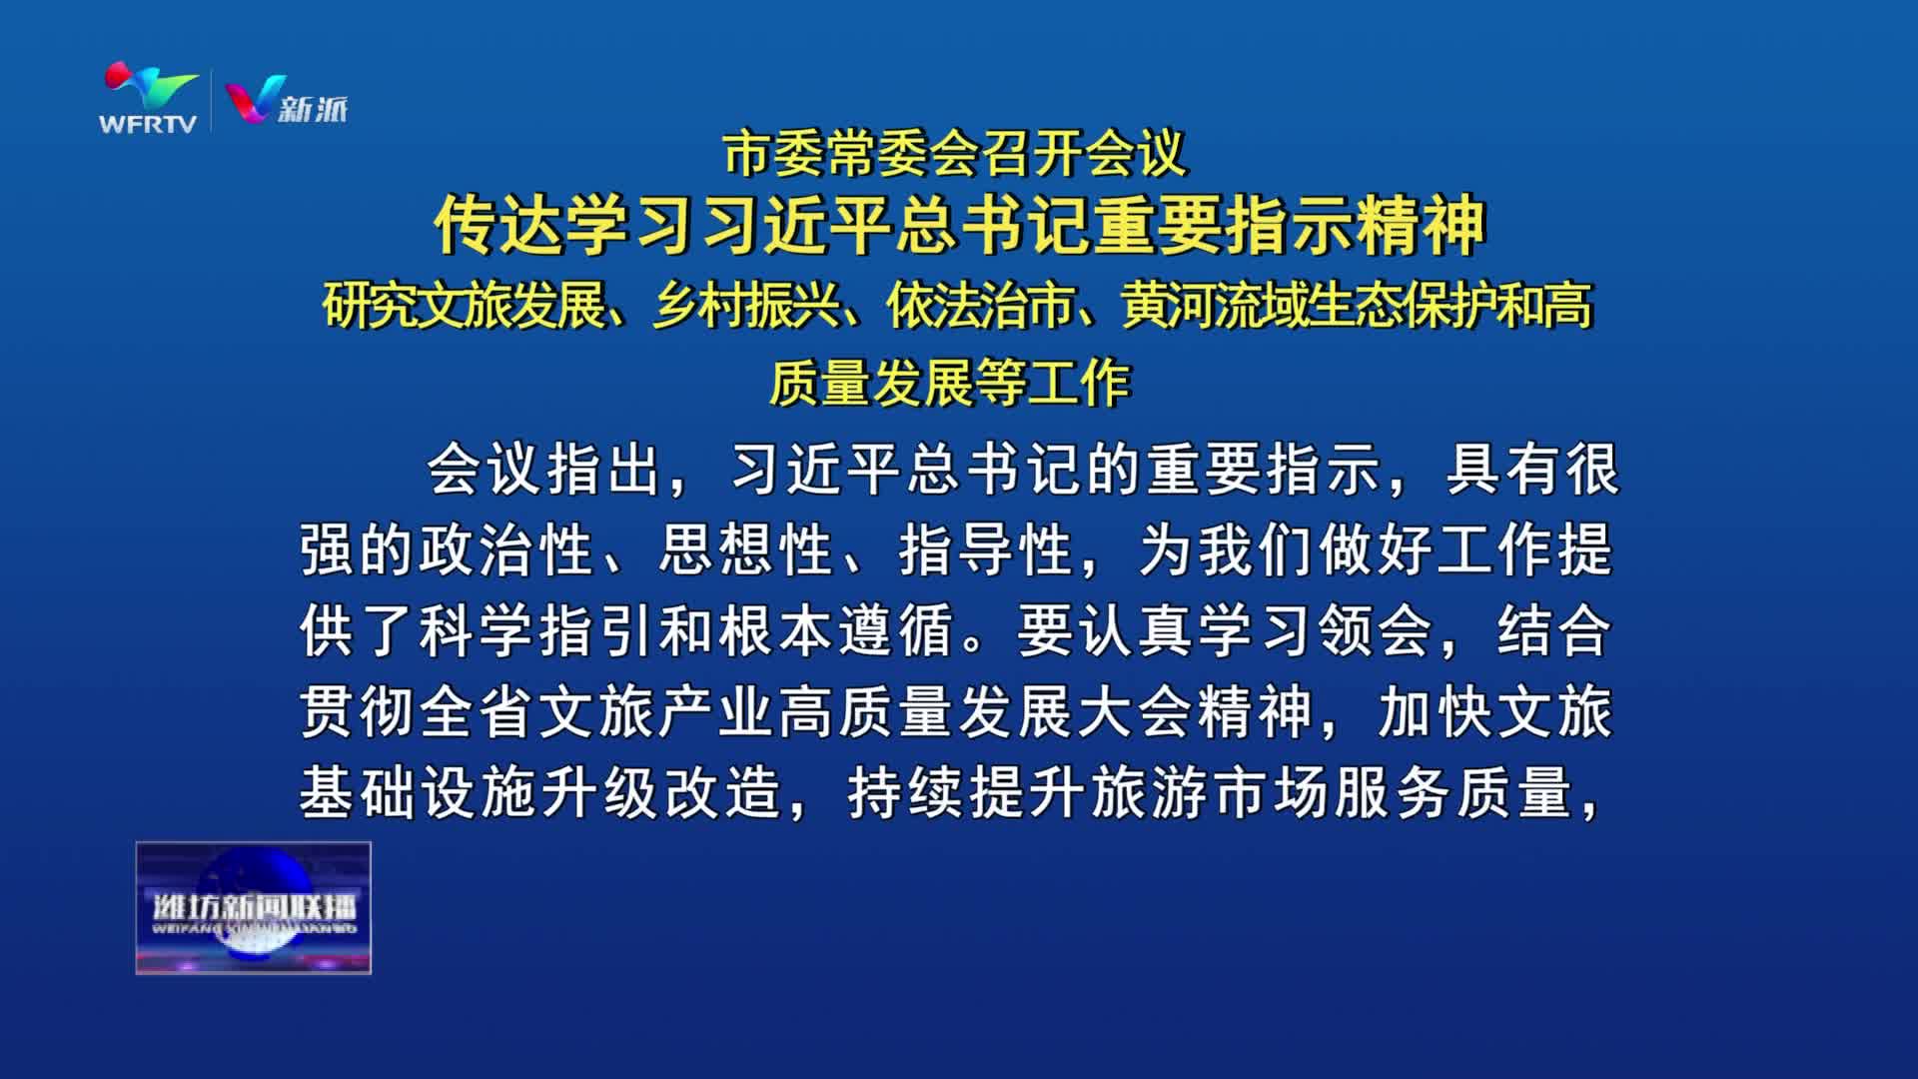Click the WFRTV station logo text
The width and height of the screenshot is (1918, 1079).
click(148, 124)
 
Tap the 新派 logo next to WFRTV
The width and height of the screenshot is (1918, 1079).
click(287, 100)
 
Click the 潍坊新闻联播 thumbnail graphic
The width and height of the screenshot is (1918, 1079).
click(254, 908)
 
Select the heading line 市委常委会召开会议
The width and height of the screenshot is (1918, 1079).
click(956, 153)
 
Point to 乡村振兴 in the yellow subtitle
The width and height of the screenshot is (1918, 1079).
click(746, 305)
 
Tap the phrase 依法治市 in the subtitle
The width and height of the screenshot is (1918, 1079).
click(979, 305)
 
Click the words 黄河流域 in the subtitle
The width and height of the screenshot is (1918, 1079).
click(1213, 305)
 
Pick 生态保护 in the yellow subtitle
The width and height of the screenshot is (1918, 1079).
click(1400, 305)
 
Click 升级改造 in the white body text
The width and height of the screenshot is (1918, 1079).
click(660, 794)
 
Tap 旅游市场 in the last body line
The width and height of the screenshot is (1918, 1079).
click(1209, 794)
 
